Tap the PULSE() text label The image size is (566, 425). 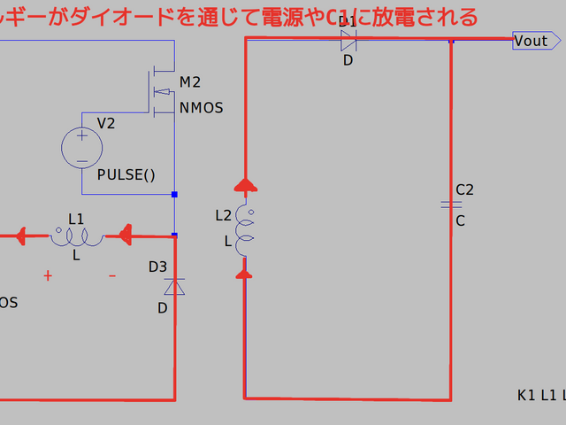click(126, 174)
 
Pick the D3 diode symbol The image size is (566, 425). click(174, 286)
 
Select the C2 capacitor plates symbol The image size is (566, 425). click(451, 205)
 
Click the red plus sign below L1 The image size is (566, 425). click(48, 276)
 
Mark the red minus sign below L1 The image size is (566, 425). click(112, 276)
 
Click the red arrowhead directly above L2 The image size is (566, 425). click(246, 184)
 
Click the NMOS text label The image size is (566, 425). click(201, 108)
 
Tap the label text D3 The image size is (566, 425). click(157, 267)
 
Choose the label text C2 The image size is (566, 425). click(464, 189)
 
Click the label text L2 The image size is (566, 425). click(223, 215)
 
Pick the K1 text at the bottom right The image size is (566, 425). click(527, 395)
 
